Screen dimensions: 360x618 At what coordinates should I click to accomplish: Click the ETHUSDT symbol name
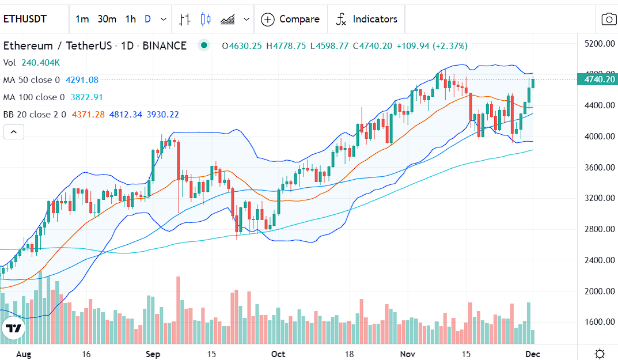tap(25, 19)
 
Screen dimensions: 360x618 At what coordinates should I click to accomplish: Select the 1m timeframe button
tap(82, 19)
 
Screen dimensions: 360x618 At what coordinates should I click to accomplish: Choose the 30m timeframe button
tap(107, 19)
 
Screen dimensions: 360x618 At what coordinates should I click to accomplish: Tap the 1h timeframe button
tap(130, 19)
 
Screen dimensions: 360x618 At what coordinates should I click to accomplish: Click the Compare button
tap(290, 19)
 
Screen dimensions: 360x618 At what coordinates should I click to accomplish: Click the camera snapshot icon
tap(609, 19)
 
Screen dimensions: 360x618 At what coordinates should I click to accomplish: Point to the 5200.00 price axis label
tap(599, 44)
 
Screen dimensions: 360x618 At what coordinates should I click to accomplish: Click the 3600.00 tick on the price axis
tap(599, 168)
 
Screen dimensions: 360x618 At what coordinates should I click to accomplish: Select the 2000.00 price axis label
tap(599, 291)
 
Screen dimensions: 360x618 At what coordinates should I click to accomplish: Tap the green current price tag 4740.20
tap(599, 79)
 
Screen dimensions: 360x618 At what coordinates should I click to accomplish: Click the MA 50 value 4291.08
tap(82, 80)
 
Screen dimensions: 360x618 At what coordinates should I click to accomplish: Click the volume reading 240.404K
tap(40, 63)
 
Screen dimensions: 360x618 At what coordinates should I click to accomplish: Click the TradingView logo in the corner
tap(13, 329)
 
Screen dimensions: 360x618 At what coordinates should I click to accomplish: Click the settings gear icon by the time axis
tap(599, 353)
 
